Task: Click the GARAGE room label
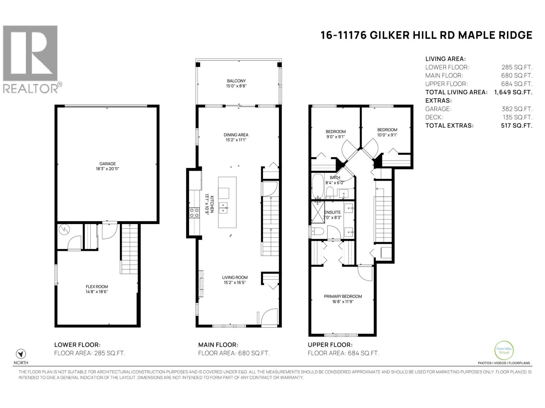point(107,164)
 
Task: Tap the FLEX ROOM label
point(97,287)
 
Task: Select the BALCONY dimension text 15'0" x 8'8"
point(236,86)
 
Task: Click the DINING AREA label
point(236,135)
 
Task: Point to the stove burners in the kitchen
point(194,213)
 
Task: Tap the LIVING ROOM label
point(235,277)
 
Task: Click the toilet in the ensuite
point(317,232)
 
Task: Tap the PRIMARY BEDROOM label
point(343,296)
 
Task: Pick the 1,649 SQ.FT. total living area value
point(513,92)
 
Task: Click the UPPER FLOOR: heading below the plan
point(330,345)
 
